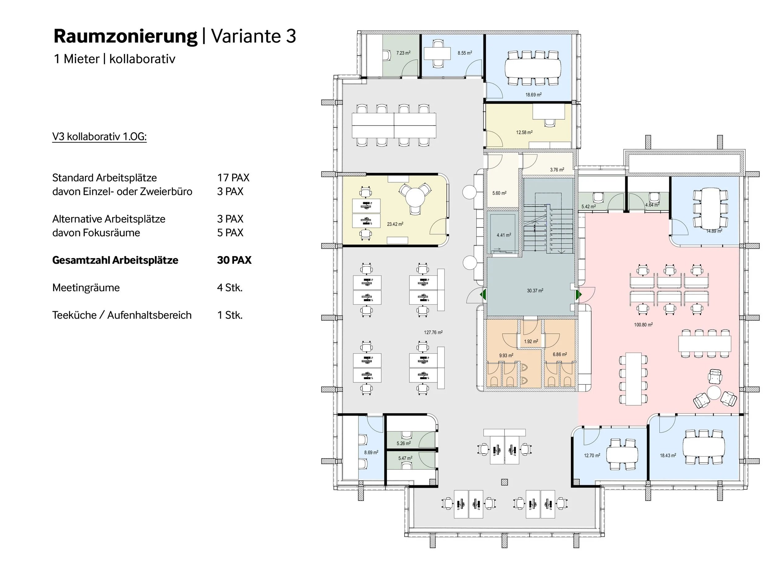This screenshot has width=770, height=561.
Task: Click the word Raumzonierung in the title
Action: point(125,37)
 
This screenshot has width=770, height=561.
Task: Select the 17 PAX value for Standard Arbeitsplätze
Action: point(233,178)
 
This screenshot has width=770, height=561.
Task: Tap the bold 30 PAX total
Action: point(234,260)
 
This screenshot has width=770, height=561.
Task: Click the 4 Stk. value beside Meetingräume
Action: point(230,288)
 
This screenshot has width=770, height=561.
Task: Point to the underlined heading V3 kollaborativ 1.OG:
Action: point(99,137)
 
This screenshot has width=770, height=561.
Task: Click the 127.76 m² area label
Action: point(433,332)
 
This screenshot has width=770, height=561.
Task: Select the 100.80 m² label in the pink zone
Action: point(643,325)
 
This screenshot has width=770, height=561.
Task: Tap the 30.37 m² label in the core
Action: point(535,291)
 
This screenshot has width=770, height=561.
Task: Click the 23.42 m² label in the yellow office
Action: point(395,224)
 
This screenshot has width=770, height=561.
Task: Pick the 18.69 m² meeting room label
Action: point(533,95)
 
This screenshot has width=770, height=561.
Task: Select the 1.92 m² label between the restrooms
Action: point(531,341)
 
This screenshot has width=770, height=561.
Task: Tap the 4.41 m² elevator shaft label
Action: point(504,235)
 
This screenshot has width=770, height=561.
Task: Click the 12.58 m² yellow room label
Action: point(524,132)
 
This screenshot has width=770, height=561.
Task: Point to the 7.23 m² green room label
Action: point(403,53)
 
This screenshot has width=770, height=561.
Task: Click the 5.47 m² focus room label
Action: point(405,458)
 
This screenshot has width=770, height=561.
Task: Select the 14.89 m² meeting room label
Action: point(714,231)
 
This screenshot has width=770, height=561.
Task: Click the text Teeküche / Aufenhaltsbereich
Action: point(122,315)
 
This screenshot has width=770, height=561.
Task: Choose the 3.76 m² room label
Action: point(557,170)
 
